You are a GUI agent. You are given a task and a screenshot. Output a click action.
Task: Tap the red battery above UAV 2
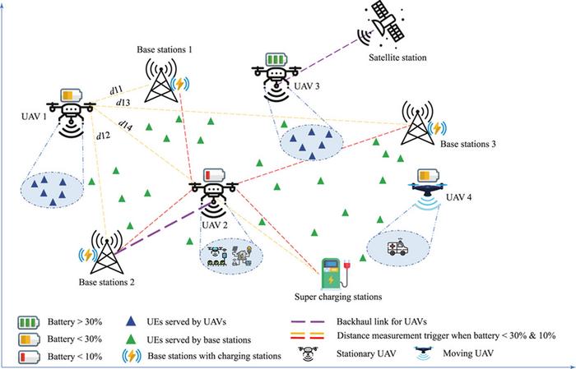pos(212,173)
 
